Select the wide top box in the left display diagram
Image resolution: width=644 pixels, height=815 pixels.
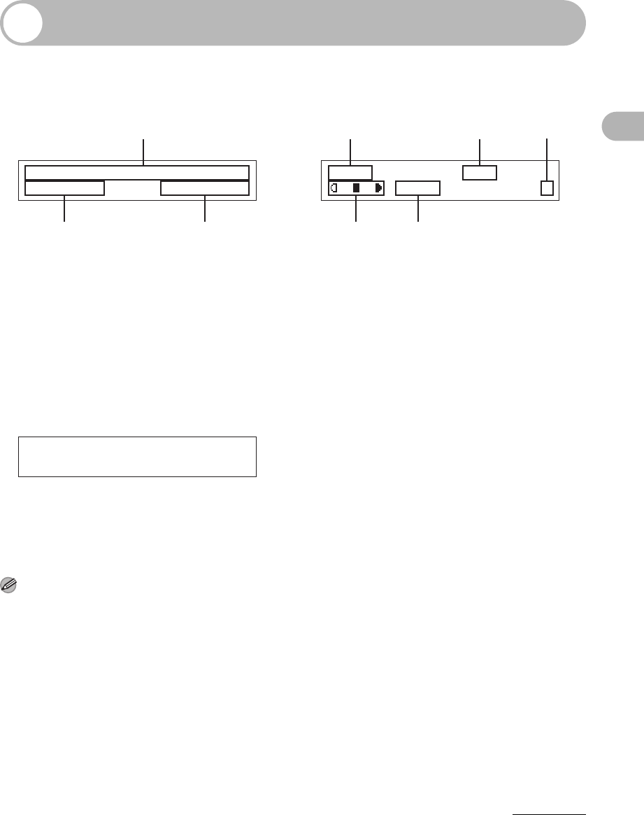click(137, 173)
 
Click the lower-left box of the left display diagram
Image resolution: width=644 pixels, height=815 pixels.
click(64, 188)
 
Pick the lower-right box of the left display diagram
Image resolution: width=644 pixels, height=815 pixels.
click(205, 188)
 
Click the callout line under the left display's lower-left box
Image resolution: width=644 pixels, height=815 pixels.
click(65, 209)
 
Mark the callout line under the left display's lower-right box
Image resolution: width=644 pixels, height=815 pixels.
click(205, 209)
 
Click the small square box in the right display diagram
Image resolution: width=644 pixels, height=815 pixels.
click(547, 187)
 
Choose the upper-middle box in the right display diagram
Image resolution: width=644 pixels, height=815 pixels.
click(480, 173)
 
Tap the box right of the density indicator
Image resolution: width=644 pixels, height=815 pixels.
click(417, 187)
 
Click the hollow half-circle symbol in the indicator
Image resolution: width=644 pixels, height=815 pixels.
click(335, 188)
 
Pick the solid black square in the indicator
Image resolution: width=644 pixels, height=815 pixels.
click(357, 188)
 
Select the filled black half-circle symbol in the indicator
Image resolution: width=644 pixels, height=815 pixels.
click(378, 188)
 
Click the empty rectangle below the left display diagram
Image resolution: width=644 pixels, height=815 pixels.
click(137, 457)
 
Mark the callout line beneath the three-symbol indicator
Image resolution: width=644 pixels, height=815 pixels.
click(357, 210)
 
